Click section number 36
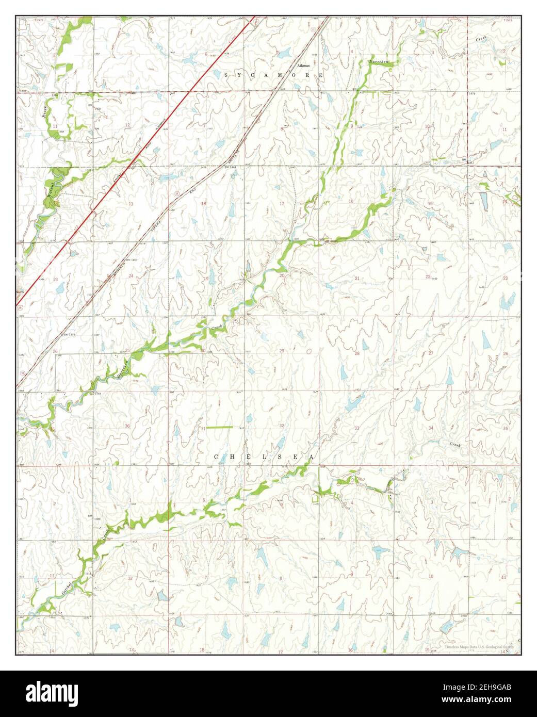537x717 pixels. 127,426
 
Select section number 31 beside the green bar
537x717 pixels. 203,428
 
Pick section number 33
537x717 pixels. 356,428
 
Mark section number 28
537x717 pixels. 356,353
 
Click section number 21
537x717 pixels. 356,278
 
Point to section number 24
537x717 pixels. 131,276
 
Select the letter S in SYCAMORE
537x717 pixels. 226,75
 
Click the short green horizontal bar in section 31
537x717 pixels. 220,427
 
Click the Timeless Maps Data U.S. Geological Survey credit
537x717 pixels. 479,646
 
